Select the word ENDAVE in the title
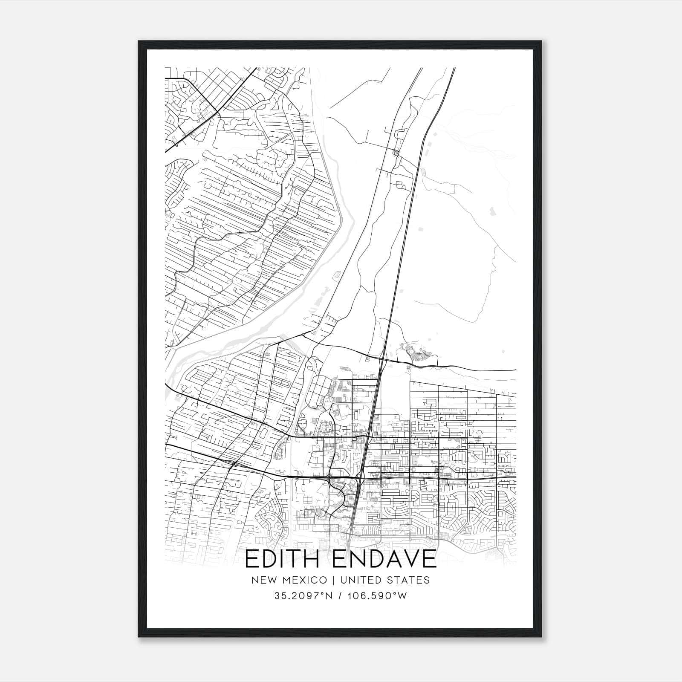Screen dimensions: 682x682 (384, 559)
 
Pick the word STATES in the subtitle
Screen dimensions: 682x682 (410, 580)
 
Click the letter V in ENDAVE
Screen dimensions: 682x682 (406, 559)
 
